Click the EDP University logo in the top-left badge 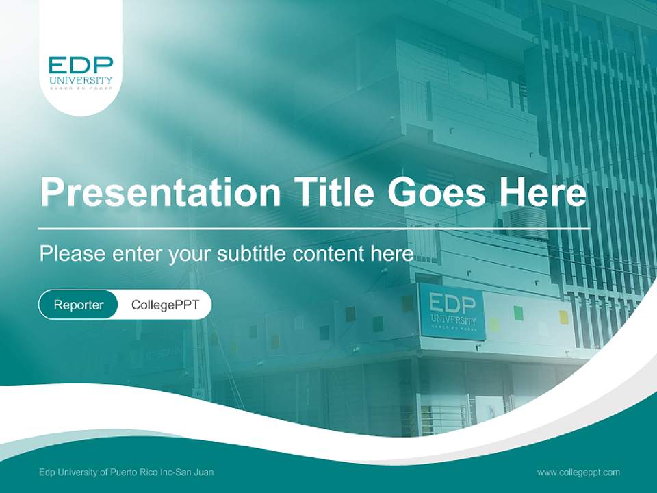81,74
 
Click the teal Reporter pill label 78,305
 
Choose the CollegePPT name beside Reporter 165,305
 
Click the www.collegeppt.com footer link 578,472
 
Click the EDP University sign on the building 452,312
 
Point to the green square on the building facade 518,313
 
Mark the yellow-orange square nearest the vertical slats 563,316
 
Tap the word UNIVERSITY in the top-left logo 81,81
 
